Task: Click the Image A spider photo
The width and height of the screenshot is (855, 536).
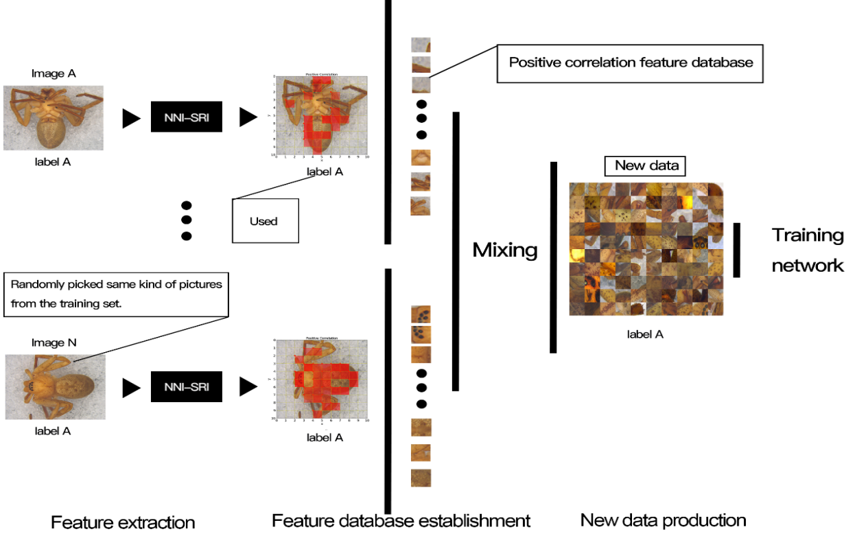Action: (x=53, y=117)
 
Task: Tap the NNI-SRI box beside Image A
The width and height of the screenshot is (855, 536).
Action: (x=187, y=117)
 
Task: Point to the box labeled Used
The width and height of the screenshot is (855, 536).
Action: (x=266, y=221)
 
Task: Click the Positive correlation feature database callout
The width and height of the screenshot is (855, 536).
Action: (x=631, y=63)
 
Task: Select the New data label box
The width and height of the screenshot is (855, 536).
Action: (x=646, y=165)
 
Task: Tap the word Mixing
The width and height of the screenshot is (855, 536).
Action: (x=504, y=250)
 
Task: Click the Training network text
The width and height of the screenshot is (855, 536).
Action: (x=808, y=250)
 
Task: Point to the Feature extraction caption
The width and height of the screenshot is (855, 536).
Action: (x=123, y=522)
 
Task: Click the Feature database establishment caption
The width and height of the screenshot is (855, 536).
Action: (x=401, y=520)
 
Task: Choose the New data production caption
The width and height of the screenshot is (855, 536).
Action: (x=663, y=520)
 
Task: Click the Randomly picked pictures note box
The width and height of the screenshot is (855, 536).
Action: (x=116, y=294)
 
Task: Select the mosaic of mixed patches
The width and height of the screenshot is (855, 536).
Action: (x=646, y=248)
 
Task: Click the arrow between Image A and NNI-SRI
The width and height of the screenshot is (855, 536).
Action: (x=131, y=118)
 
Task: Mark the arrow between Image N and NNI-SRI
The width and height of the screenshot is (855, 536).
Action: (x=131, y=388)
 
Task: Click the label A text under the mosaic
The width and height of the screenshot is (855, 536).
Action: (x=645, y=334)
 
